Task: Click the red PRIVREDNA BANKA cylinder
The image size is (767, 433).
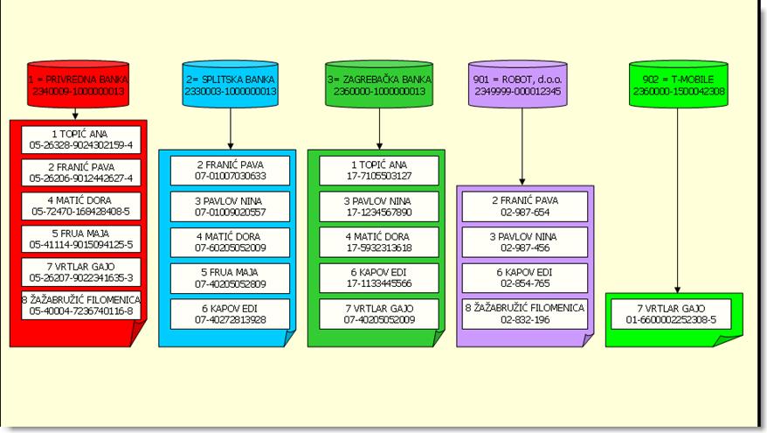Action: [79, 83]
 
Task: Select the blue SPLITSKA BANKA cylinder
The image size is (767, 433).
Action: [231, 83]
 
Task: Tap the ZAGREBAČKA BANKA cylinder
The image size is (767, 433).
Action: [379, 83]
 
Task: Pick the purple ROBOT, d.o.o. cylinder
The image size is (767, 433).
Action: [517, 83]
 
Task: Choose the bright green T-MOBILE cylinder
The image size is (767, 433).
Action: [679, 83]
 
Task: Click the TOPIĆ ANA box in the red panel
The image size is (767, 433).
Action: [81, 140]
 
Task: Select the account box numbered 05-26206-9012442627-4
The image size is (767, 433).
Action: [81, 172]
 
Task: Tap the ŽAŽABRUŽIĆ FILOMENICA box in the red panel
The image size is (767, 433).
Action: [81, 305]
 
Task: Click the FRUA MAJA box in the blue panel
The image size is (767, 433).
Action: [230, 278]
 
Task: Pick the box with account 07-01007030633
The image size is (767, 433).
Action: [230, 171]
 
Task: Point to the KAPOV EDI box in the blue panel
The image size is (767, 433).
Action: [230, 314]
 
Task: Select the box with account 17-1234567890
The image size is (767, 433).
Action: [379, 206]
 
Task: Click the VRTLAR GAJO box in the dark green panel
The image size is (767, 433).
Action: [379, 314]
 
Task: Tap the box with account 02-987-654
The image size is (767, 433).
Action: [525, 206]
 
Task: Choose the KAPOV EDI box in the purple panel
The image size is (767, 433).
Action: [525, 277]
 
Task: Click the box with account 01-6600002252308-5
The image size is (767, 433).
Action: [671, 314]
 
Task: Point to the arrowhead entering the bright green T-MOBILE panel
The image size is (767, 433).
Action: [678, 290]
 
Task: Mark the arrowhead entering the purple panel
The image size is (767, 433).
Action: [522, 182]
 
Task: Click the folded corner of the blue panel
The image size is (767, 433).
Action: [290, 339]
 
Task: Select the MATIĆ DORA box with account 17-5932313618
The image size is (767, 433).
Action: [379, 242]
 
